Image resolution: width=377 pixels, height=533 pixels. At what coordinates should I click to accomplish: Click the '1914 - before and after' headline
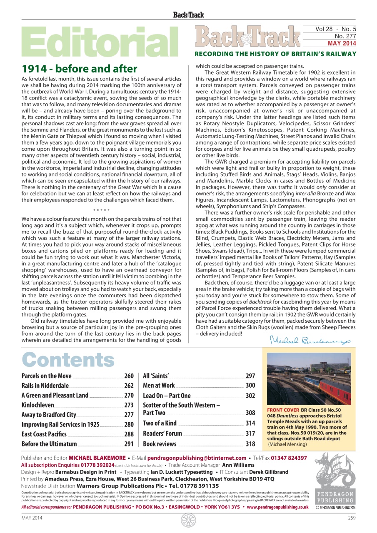79,69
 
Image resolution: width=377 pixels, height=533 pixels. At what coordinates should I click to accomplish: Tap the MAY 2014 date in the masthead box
342,43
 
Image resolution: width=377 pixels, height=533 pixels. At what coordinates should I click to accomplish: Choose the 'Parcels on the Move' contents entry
46,376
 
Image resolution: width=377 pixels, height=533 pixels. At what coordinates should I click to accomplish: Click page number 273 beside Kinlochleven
129,405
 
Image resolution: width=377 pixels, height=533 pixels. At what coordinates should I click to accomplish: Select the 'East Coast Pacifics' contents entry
44,434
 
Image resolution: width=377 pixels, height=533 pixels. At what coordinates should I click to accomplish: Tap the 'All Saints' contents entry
156,376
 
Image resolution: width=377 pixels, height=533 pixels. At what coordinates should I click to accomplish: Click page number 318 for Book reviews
250,444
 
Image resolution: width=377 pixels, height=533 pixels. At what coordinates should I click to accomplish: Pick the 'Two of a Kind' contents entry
160,423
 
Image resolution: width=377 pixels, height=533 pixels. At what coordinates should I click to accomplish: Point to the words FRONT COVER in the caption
283,410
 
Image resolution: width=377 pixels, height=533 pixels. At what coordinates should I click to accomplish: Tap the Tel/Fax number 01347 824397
289,458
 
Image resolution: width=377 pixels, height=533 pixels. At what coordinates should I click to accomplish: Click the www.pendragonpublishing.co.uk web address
277,507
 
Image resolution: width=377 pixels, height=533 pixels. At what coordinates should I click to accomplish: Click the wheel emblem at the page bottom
188,520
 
